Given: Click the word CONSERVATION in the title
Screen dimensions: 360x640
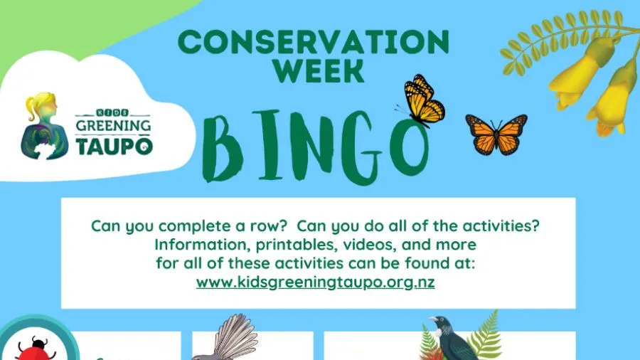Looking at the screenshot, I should pyautogui.click(x=313, y=43).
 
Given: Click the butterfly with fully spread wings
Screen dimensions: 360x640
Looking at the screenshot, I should pyautogui.click(x=496, y=133).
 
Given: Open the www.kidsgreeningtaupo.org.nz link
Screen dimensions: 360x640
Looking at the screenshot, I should pyautogui.click(x=315, y=282).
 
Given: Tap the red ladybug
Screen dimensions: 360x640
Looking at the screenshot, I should pyautogui.click(x=32, y=350).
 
